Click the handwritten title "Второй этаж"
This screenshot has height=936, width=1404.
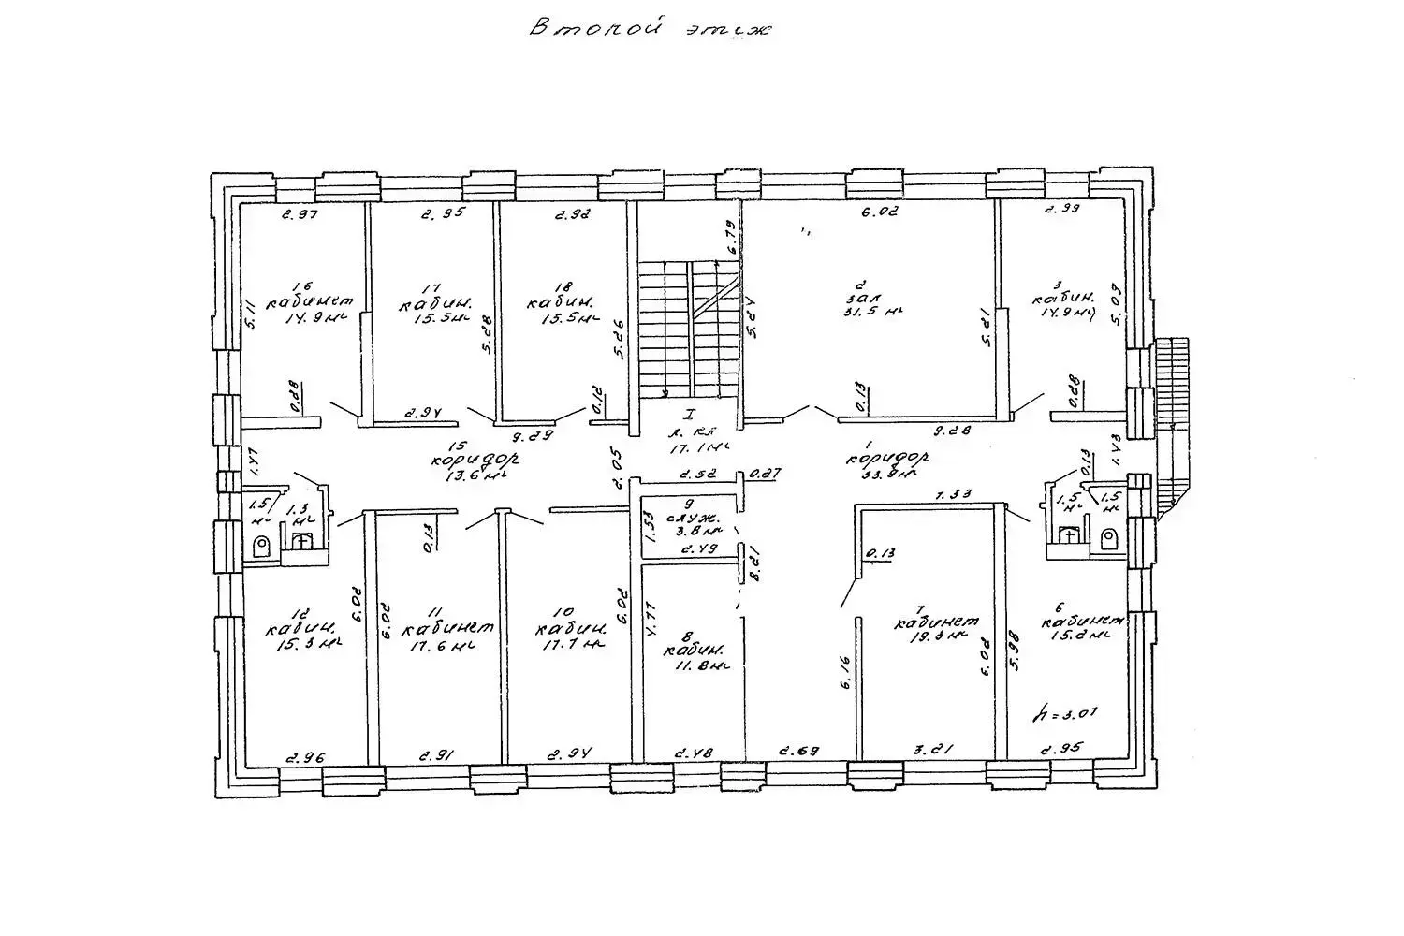coord(650,28)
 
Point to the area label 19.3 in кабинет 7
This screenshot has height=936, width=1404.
coord(937,636)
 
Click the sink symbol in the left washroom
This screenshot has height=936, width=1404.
coord(301,541)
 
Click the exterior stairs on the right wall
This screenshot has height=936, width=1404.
coord(1172,421)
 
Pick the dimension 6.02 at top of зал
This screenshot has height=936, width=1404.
coord(879,212)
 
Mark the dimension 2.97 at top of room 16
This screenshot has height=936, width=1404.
coord(301,215)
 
